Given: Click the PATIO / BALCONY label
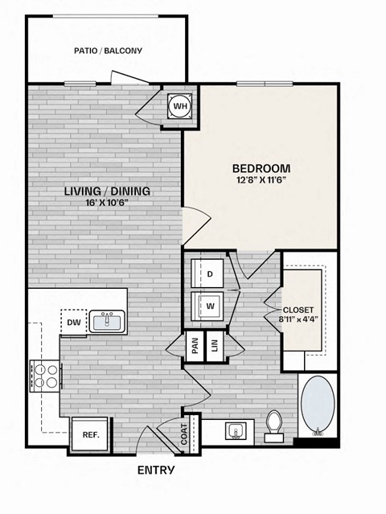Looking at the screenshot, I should coord(108,51).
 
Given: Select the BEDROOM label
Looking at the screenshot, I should coord(261,168).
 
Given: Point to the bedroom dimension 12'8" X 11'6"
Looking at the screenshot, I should coord(261,180).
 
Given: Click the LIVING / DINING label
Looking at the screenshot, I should coord(108,191).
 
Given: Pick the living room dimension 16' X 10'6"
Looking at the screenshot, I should coord(108,203).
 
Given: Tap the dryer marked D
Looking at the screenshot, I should coord(209,273).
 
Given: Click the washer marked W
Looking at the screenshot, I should coord(209,306).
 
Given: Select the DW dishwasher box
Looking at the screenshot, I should coord(72,323).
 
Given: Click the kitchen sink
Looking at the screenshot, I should coord(106,323).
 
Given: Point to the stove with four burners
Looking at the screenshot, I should coord(45,375).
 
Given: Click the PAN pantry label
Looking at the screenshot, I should coord(195,346).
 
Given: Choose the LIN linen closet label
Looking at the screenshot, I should coord(215,346).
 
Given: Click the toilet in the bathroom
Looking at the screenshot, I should coord(273,424).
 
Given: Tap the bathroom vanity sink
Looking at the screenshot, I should coord(235,430).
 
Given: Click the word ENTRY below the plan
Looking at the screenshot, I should coord(156,471).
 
